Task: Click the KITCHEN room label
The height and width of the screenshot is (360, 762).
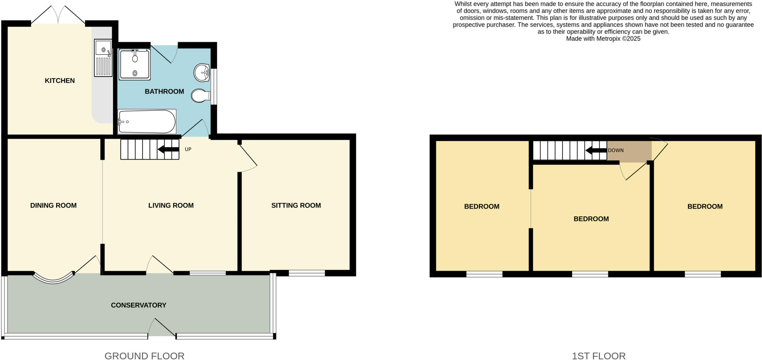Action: pos(60,81)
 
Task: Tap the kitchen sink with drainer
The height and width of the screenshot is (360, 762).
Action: pos(103,58)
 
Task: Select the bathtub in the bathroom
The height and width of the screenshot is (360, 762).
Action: pos(147,122)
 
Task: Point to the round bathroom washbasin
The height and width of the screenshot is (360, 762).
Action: pos(201,72)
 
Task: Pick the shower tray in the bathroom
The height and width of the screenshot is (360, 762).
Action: pos(135,64)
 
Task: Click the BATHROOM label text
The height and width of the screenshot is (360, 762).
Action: pos(164,91)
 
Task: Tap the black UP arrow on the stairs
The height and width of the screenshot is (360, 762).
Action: pos(168,150)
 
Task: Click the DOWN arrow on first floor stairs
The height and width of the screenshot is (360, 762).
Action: pos(596,151)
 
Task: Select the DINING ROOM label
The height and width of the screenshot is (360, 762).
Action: pos(53,205)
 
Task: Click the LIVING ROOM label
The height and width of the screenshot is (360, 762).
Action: pos(171,205)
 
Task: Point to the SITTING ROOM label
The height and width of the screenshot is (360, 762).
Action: pos(296,205)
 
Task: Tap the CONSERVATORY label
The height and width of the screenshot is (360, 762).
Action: pos(138,305)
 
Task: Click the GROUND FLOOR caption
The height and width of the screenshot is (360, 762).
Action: pos(144,356)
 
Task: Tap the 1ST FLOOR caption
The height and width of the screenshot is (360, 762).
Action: pos(598,356)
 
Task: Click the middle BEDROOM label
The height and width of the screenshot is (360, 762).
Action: pos(591,219)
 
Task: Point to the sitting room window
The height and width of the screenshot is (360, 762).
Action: pos(307,273)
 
